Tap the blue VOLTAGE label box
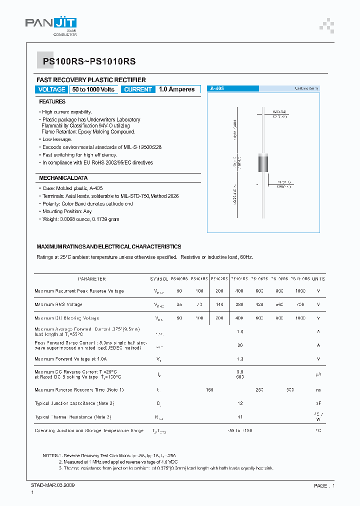(51, 89)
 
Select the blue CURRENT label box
(138, 89)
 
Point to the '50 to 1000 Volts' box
(93, 89)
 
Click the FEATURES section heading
(52, 101)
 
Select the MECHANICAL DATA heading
(63, 178)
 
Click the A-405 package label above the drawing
(217, 88)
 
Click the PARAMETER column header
(92, 279)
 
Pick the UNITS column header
(318, 279)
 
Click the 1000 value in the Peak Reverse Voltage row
(300, 291)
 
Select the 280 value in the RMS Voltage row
(240, 304)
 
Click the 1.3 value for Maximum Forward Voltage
(240, 359)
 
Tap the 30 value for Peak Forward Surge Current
(240, 345)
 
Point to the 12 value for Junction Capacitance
(240, 403)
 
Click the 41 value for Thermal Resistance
(240, 416)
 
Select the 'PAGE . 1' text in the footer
(324, 485)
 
